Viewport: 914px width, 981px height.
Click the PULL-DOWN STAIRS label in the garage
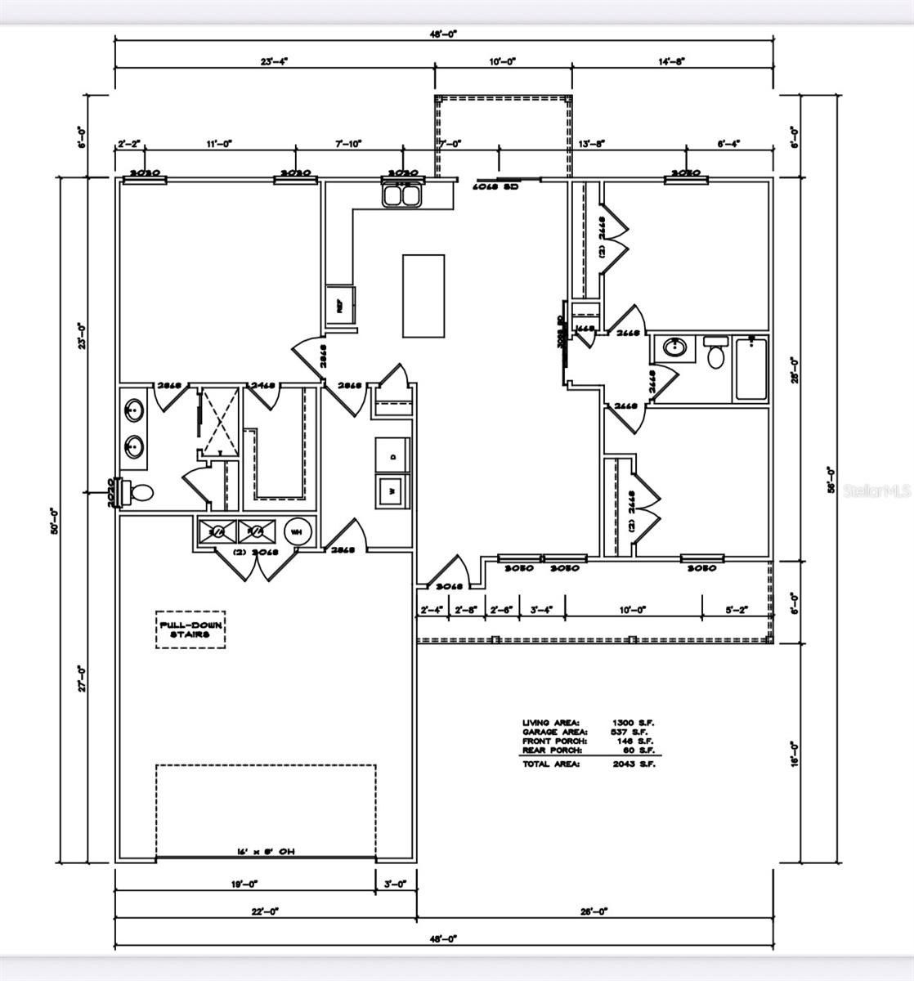[x=190, y=629]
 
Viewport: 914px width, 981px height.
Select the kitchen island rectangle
[x=423, y=295]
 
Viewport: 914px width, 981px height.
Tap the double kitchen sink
[x=401, y=195]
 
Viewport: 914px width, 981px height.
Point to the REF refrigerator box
[x=339, y=306]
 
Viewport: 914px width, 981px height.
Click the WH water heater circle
[x=298, y=531]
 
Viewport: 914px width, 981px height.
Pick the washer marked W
[x=393, y=490]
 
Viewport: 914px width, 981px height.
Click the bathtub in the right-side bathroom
[x=751, y=369]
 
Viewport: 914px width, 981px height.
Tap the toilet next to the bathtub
[x=715, y=354]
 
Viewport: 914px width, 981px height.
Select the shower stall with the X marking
[x=220, y=422]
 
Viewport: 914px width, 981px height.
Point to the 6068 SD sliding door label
[x=495, y=186]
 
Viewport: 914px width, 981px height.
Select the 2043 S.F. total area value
[x=634, y=764]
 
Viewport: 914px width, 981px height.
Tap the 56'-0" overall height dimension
[x=831, y=479]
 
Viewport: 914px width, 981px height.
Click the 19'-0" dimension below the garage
[x=244, y=884]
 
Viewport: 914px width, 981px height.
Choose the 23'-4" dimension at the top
[x=275, y=60]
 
